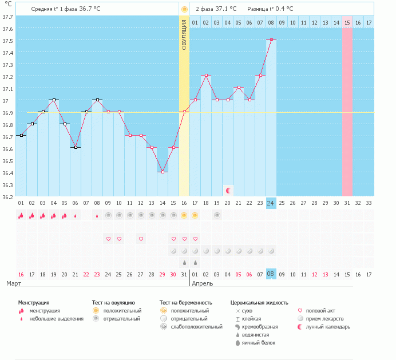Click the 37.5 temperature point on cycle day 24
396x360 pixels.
click(x=271, y=40)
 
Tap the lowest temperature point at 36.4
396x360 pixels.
click(x=163, y=172)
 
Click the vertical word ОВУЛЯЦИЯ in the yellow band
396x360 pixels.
click(x=184, y=34)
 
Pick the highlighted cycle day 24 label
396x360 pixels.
click(x=271, y=203)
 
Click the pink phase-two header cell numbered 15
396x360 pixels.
click(x=347, y=22)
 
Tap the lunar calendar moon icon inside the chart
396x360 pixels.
click(x=228, y=190)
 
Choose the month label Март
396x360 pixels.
click(x=14, y=284)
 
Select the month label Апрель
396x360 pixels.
click(x=203, y=284)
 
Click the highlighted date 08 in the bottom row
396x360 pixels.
click(x=271, y=274)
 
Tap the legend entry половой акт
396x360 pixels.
click(x=320, y=311)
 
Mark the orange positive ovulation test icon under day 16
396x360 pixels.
click(x=184, y=215)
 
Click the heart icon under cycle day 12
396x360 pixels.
click(x=141, y=239)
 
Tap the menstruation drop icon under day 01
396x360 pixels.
click(x=21, y=215)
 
